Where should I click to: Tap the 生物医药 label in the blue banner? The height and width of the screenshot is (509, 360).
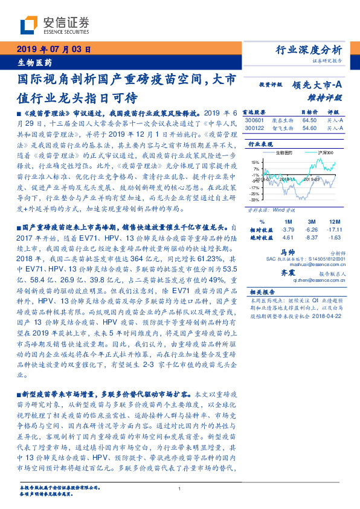(x=34, y=62)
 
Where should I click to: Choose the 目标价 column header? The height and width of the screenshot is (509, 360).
(x=309, y=112)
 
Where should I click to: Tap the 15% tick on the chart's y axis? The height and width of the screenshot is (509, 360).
(x=256, y=162)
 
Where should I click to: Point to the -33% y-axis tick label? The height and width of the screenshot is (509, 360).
(x=256, y=199)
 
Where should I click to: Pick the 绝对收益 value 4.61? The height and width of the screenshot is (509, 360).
(x=288, y=237)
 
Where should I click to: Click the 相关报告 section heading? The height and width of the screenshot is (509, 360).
(x=260, y=292)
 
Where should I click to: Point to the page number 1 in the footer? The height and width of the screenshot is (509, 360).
(x=180, y=489)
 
